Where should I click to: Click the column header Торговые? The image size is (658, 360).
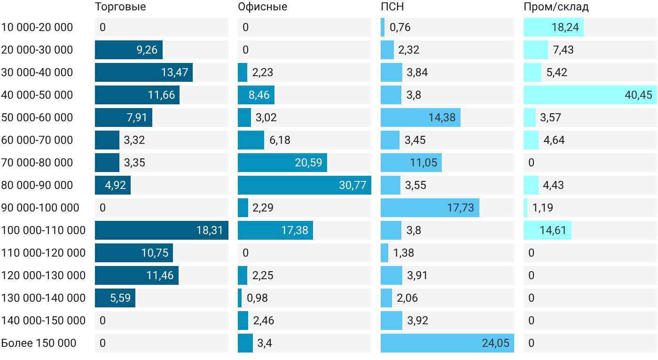(120, 7)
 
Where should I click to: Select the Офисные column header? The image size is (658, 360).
(263, 7)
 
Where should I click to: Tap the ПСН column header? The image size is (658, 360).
(392, 7)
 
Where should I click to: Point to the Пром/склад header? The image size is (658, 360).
(556, 7)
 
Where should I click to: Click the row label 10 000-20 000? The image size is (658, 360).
(37, 27)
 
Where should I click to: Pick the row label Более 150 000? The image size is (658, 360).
(39, 343)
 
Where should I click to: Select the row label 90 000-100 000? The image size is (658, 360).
(40, 208)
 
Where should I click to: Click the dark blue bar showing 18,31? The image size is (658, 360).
(162, 230)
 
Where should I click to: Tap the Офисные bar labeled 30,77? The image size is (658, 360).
(305, 185)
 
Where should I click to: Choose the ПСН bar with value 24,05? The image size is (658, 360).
(447, 343)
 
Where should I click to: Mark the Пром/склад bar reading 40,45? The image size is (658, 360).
(590, 95)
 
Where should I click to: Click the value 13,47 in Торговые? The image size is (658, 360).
(174, 72)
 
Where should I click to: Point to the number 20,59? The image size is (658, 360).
(308, 163)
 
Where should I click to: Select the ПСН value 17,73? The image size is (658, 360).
(461, 208)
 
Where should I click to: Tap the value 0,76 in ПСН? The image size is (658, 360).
(400, 27)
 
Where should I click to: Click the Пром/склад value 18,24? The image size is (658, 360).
(565, 27)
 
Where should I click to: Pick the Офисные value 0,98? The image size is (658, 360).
(258, 298)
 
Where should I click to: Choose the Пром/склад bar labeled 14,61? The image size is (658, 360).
(548, 230)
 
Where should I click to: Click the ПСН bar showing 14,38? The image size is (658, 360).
(421, 117)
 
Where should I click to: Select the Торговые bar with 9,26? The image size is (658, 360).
(129, 50)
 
